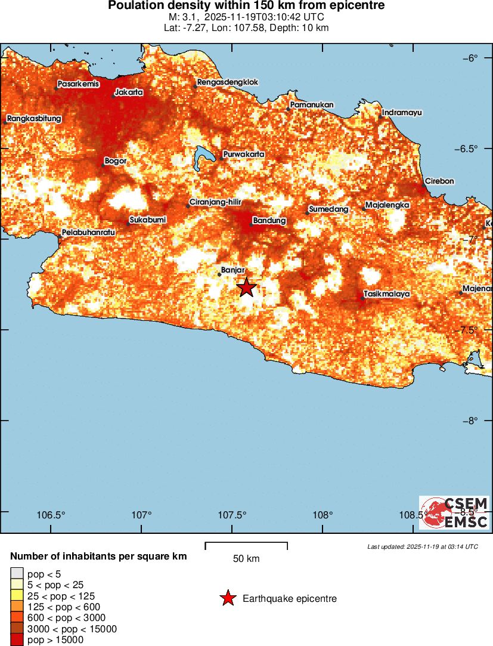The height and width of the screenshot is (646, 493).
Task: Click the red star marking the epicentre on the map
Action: tap(246, 288)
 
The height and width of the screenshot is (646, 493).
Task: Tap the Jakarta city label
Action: tap(129, 92)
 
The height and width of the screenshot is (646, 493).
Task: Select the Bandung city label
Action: tap(269, 221)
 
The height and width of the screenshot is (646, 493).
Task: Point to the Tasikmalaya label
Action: tap(387, 295)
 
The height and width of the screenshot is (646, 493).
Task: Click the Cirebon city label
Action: tap(439, 181)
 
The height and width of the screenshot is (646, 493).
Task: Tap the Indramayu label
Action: tap(402, 112)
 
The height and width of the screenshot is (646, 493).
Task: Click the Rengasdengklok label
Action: tap(228, 82)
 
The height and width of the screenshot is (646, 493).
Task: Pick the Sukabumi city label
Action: tap(148, 220)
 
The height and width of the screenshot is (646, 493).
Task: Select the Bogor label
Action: tap(116, 161)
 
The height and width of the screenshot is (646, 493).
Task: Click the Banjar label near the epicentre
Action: tap(233, 270)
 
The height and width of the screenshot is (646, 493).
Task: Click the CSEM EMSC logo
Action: tap(454, 513)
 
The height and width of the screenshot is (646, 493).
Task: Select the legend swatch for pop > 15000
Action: tap(17, 640)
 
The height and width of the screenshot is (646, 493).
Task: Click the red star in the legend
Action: tap(227, 598)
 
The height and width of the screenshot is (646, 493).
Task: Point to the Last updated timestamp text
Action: tap(422, 546)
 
